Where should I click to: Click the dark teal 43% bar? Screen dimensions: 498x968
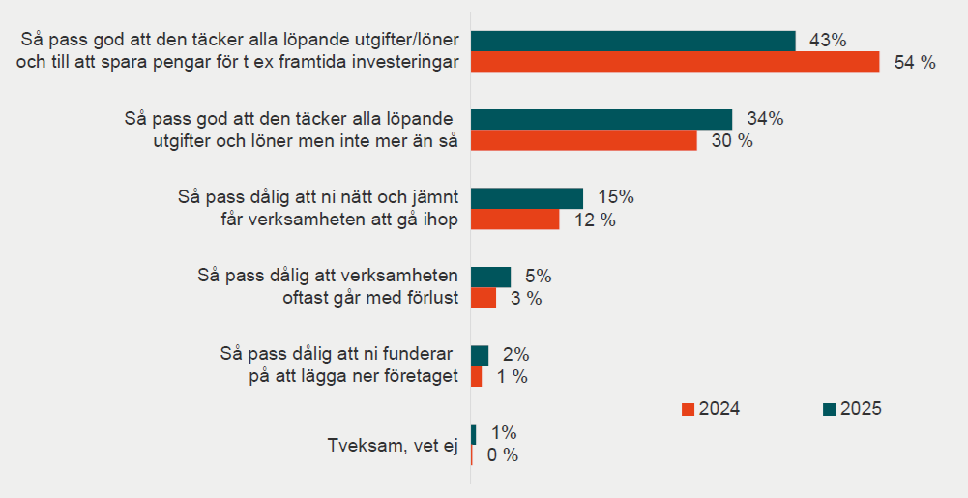tap(632, 41)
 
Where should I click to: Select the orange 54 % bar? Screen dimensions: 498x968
tap(674, 62)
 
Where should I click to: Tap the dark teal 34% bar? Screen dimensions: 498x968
tap(601, 119)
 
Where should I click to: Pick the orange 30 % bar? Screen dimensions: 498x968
tap(583, 140)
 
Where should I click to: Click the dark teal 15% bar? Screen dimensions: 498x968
tap(526, 197)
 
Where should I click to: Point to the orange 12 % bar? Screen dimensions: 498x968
tap(514, 220)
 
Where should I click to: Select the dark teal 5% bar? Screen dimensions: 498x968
tap(490, 277)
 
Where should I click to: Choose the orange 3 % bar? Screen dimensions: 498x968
tap(483, 298)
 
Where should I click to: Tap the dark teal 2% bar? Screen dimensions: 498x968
tap(479, 355)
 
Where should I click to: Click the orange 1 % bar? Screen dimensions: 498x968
tap(476, 376)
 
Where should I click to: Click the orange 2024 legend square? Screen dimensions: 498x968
tap(688, 409)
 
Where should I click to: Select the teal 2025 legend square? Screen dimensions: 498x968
tap(829, 409)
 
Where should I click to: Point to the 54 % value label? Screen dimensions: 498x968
tap(916, 63)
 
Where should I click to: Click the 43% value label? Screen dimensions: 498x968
tap(828, 41)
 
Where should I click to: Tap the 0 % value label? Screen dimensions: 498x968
tap(502, 455)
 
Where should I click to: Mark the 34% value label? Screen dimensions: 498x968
tap(765, 119)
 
